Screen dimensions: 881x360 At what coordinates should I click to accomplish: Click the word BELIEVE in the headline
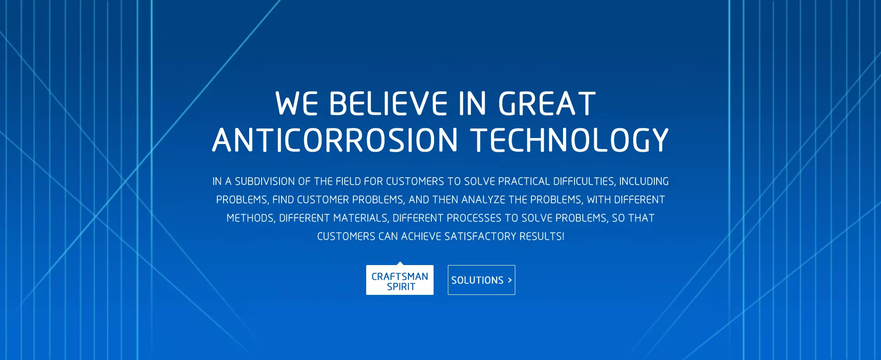pyautogui.click(x=388, y=103)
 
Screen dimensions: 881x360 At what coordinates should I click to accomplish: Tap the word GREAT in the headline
pyautogui.click(x=547, y=103)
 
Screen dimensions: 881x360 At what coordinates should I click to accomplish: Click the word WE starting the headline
pyautogui.click(x=296, y=103)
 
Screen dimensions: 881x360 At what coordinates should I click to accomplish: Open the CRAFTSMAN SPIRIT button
pyautogui.click(x=400, y=280)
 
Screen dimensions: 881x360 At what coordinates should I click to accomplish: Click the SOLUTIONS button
pyautogui.click(x=481, y=280)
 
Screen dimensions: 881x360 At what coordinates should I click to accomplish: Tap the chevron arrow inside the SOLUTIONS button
pyautogui.click(x=510, y=280)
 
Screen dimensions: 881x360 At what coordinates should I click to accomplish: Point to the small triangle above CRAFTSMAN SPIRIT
pyautogui.click(x=400, y=263)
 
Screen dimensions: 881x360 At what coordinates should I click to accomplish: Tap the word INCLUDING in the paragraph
pyautogui.click(x=644, y=181)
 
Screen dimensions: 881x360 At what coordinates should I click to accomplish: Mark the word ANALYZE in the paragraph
pyautogui.click(x=483, y=199)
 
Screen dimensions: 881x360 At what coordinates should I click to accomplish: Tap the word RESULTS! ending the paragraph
pyautogui.click(x=542, y=236)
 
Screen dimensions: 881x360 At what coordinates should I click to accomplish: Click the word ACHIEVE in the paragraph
pyautogui.click(x=421, y=236)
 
